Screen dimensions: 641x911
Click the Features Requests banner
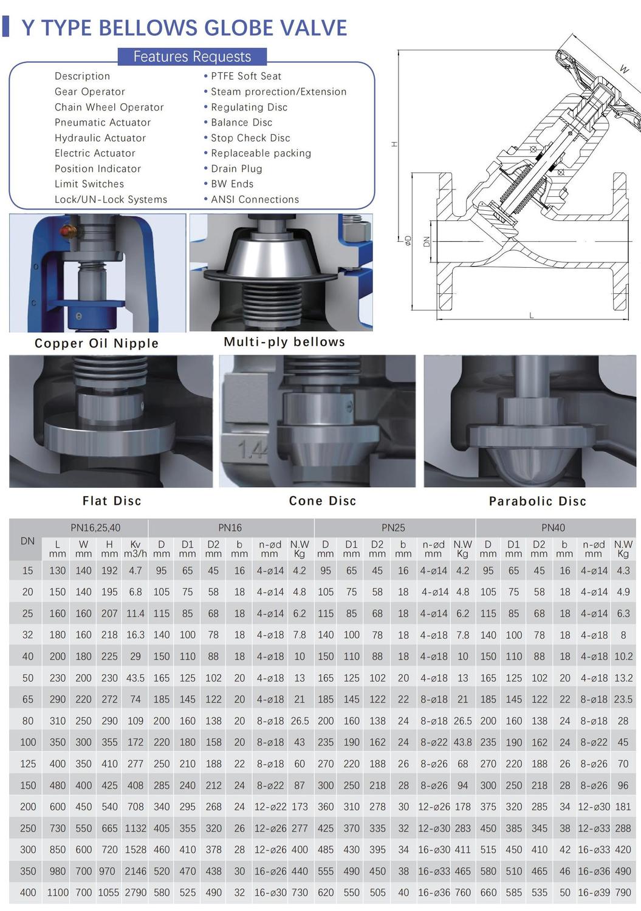(192, 56)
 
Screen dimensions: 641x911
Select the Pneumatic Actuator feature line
(103, 123)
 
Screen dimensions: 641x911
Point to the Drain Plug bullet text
(236, 169)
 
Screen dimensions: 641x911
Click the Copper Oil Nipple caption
(97, 343)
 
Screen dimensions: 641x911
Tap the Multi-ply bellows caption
(284, 342)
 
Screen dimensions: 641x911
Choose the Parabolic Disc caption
(537, 501)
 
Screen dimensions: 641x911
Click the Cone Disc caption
(323, 500)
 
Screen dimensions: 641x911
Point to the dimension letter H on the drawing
(394, 144)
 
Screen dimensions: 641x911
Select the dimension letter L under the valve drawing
(531, 315)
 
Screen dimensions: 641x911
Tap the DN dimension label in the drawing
(426, 242)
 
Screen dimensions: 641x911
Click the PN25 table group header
(393, 528)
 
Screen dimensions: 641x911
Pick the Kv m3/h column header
(135, 549)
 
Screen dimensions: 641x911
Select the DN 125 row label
(28, 764)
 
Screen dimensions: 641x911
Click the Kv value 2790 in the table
(135, 893)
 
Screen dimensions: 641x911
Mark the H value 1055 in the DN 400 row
(109, 893)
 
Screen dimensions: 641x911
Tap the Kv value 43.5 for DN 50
(135, 678)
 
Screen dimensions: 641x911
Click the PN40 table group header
(553, 528)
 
